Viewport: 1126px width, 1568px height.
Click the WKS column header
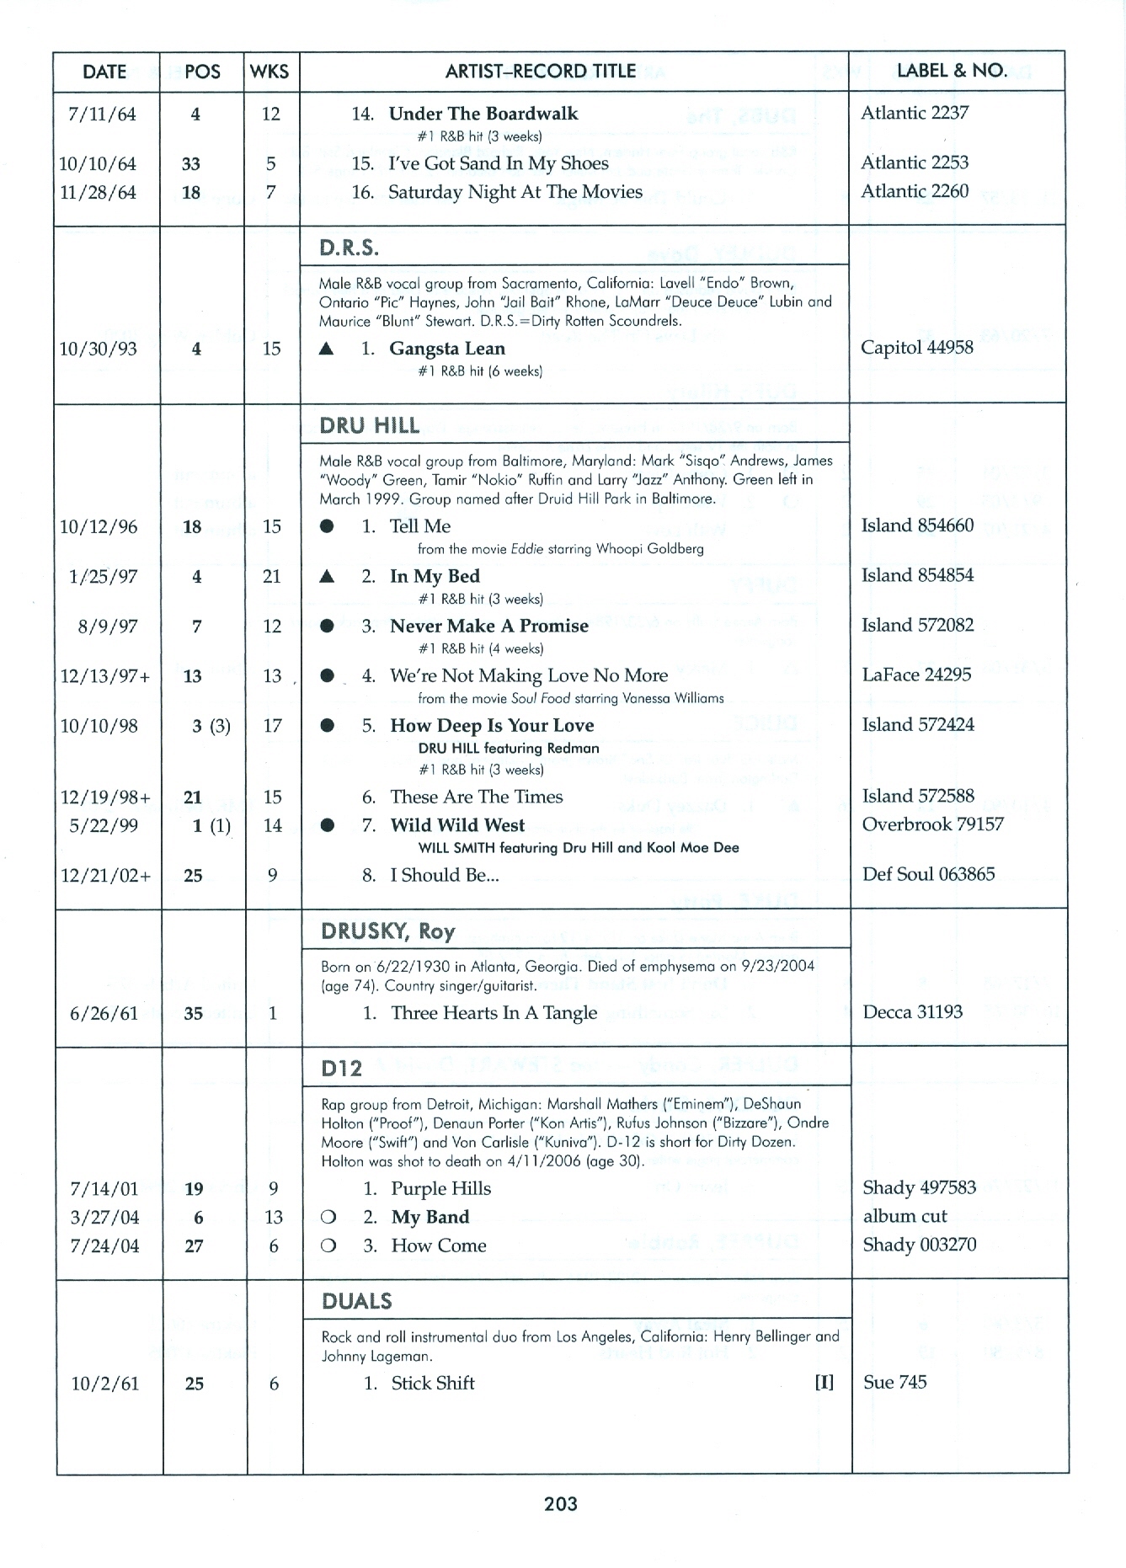click(x=269, y=72)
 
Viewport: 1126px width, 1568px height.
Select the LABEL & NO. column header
click(x=952, y=71)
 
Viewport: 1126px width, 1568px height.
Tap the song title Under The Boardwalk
click(x=483, y=114)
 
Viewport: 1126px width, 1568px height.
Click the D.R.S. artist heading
click(x=349, y=248)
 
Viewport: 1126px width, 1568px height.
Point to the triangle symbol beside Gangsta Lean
click(x=327, y=349)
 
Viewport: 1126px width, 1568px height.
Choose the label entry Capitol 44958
click(x=916, y=348)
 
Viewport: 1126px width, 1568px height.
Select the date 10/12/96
click(x=99, y=527)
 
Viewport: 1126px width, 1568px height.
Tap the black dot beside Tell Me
click(x=328, y=526)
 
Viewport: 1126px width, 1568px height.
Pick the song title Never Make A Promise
click(x=488, y=626)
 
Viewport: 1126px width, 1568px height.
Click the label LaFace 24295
click(x=916, y=675)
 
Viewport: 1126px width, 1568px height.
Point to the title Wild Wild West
click(x=457, y=825)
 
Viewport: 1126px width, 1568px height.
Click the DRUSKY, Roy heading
click(x=387, y=931)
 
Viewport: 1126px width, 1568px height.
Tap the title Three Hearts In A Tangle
click(x=494, y=1013)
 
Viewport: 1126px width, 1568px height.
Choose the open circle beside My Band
click(x=328, y=1218)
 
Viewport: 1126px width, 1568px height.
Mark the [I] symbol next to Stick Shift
click(x=824, y=1383)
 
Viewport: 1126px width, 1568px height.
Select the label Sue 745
click(x=894, y=1382)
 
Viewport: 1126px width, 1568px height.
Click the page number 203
click(x=561, y=1503)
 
